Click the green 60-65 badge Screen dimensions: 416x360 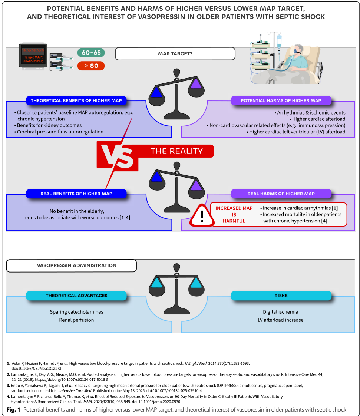91,53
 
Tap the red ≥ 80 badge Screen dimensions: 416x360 91,66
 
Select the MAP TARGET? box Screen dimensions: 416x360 175,54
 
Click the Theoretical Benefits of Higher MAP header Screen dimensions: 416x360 76,100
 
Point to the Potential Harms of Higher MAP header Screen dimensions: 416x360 281,100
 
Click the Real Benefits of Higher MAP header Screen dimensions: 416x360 76,194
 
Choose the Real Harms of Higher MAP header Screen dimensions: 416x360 281,194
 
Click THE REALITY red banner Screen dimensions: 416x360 176,151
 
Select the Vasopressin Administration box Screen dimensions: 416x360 72,265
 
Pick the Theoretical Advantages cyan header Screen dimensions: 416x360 76,296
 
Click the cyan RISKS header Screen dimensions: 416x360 281,296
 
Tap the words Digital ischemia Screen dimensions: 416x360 280,312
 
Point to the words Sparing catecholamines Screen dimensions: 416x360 76,312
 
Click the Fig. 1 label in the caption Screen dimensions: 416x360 13,409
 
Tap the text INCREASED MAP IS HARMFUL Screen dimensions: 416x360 234,214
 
